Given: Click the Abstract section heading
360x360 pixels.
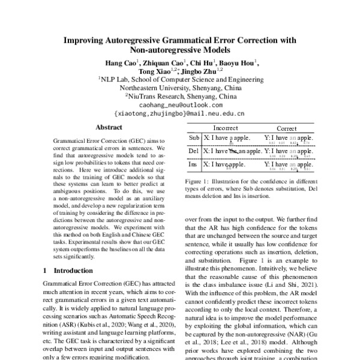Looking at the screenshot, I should point(109,128).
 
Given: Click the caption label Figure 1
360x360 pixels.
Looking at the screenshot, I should point(199,180).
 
